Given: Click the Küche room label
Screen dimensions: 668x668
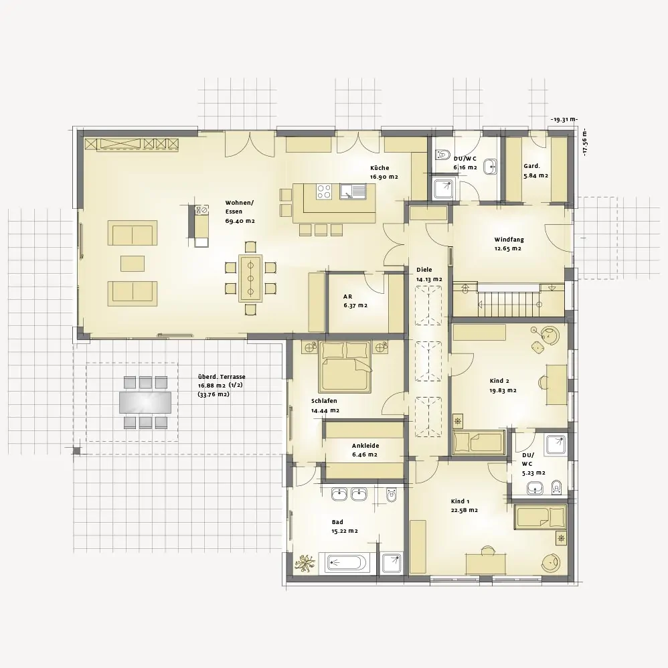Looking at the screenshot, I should (x=380, y=168).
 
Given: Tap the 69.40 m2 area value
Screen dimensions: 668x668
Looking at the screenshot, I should (x=240, y=220).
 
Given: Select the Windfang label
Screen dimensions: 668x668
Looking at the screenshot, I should (x=509, y=240).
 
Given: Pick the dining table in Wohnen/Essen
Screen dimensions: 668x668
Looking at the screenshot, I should (x=250, y=277).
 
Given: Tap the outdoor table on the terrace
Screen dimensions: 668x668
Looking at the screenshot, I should (x=145, y=402).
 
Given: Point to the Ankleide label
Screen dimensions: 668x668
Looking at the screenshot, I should (x=365, y=446).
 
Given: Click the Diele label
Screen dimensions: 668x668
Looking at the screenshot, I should (x=424, y=270).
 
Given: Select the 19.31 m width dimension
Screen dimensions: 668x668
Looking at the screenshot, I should (x=564, y=120).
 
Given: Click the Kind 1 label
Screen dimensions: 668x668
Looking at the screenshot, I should (x=461, y=501).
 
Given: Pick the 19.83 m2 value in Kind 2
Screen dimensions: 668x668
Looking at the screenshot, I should (x=503, y=390).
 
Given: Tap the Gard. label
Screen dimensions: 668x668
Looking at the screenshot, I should (x=531, y=166).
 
